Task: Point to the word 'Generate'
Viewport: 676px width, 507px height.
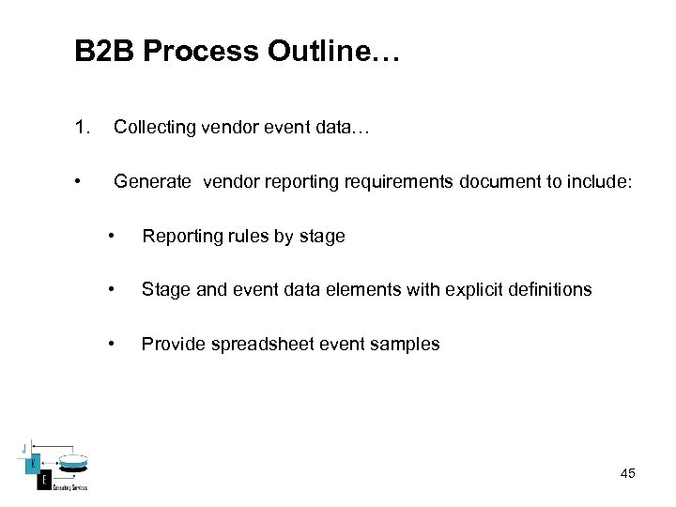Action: click(x=152, y=181)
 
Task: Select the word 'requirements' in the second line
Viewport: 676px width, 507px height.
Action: click(x=405, y=181)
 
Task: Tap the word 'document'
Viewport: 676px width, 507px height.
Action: click(x=499, y=181)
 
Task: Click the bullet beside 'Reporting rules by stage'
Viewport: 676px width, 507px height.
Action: click(x=112, y=236)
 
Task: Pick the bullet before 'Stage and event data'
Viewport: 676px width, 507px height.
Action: click(x=112, y=289)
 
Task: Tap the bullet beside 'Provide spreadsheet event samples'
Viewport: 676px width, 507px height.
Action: click(x=112, y=344)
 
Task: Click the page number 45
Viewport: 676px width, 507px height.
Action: click(x=627, y=473)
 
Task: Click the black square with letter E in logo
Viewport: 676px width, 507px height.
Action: click(x=43, y=481)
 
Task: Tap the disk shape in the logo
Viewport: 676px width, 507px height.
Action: click(x=72, y=462)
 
